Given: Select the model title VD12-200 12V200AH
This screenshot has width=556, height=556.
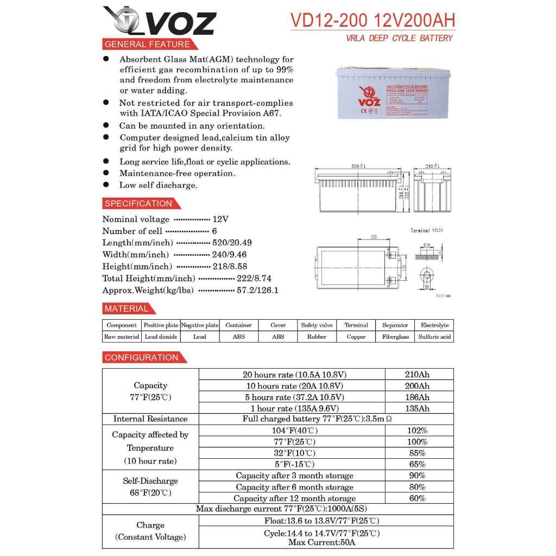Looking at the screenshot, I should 372,20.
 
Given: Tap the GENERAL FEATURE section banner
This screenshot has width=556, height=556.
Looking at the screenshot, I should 147,45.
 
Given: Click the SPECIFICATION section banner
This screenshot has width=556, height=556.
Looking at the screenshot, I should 138,204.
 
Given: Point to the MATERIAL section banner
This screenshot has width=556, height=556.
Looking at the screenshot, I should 127,309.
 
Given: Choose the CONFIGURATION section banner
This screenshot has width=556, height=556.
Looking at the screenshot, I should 142,357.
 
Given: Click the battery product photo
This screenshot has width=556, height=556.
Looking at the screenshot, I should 393,92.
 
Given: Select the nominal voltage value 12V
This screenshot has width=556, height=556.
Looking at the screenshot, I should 220,219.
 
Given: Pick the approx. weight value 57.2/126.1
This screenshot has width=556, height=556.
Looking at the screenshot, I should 257,290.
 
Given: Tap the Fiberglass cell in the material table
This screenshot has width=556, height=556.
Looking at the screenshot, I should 395,337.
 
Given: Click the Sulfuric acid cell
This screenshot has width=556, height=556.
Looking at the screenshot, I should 434,337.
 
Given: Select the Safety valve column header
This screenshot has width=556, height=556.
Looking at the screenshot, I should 317,325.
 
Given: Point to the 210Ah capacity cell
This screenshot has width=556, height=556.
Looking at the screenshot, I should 417,375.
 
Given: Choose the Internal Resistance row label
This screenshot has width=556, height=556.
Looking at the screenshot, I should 150,419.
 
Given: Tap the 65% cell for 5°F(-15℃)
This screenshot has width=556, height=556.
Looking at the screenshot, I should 417,464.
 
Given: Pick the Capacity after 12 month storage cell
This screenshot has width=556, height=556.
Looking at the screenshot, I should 294,498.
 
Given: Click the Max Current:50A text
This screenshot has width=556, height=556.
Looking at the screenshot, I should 321,542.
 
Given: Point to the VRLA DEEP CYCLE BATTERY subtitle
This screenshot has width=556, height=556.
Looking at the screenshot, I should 399,38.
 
